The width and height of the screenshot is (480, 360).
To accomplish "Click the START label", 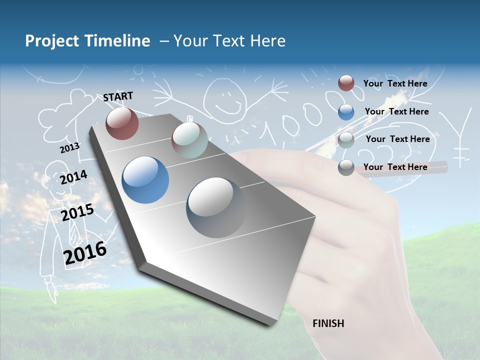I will point(118,96).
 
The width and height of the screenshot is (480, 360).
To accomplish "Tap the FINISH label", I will point(328,323).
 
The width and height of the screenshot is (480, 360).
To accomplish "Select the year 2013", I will point(69,148).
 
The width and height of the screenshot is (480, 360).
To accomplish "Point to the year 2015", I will point(77,212).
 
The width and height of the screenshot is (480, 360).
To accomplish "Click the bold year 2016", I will point(85,252).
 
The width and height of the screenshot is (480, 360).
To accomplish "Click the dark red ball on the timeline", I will point(122,123).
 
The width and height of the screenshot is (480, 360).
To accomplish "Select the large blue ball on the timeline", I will point(145,180).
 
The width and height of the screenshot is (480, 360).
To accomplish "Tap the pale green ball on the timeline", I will point(189,140).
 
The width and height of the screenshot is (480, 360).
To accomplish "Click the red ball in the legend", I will point(346,83).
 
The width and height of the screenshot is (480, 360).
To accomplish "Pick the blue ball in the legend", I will point(346,112).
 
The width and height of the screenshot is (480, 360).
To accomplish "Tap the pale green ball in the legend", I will point(346,140).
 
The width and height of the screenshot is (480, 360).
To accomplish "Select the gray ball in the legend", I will point(346,168).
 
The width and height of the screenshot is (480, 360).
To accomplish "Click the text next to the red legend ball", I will point(395,83).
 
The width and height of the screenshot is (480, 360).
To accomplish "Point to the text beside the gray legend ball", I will point(395,167).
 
